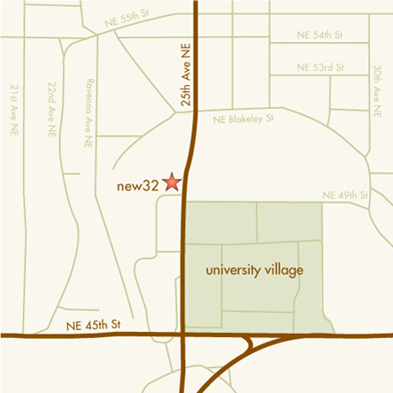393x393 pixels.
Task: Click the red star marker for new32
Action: pos(172,182)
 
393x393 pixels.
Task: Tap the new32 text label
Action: pos(137,186)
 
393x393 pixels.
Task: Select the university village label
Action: pos(253,268)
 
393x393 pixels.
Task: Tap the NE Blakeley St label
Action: pos(244,117)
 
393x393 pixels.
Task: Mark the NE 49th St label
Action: pos(343,195)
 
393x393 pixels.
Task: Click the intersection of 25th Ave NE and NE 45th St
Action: pos(182,335)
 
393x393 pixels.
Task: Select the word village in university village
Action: pos(281,268)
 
